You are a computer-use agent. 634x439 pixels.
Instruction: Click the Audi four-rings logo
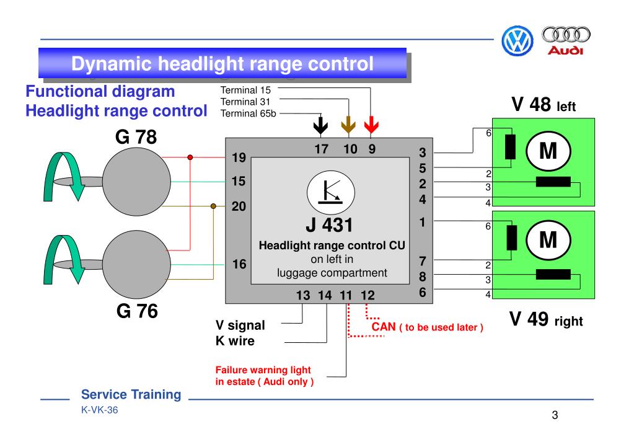coord(566,35)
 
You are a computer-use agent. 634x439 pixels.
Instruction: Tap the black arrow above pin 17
coord(320,126)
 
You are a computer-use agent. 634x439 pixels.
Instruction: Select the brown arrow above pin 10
coord(348,126)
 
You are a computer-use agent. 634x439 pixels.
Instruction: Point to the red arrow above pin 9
coord(372,126)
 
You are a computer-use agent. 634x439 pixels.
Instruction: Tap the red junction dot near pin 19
coord(190,157)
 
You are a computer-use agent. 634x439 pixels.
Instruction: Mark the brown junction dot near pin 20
coord(214,206)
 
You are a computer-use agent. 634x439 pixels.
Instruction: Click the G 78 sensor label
coord(136,136)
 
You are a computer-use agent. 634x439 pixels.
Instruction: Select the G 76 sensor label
coord(137,311)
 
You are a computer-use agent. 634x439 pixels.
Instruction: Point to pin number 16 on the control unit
coord(239,264)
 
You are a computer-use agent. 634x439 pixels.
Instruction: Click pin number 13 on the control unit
coord(303,295)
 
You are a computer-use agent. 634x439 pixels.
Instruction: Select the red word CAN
coord(384,326)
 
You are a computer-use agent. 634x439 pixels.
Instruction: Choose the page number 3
coord(555,414)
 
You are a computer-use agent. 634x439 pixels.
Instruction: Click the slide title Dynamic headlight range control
coord(222,63)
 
